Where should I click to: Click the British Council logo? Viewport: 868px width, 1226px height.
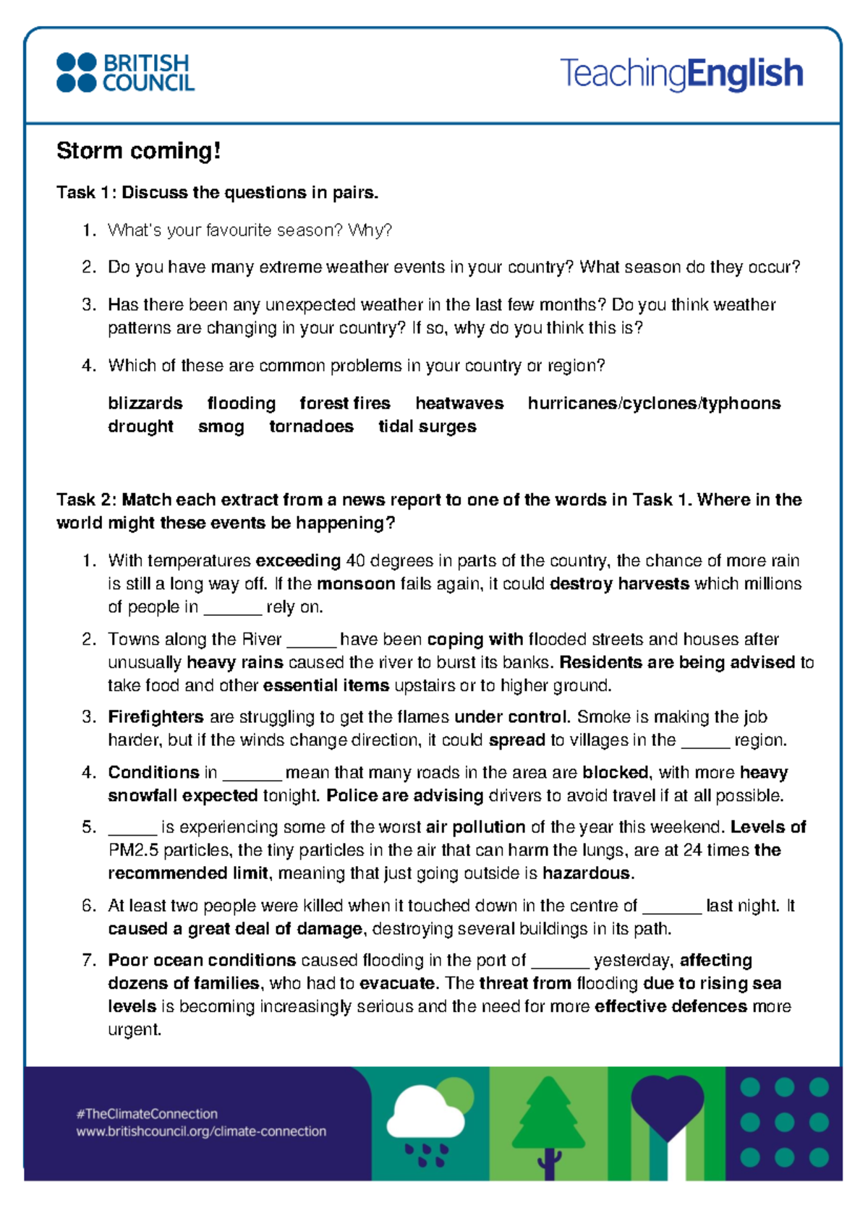coord(125,72)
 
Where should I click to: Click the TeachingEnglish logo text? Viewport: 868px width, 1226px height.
coord(681,73)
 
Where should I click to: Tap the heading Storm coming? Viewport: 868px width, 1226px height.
coord(138,150)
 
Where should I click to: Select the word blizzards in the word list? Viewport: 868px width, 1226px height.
coord(145,403)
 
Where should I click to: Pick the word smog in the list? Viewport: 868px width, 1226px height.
coord(221,426)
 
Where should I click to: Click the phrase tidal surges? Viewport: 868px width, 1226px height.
coord(427,426)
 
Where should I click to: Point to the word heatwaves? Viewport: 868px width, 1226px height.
coord(459,403)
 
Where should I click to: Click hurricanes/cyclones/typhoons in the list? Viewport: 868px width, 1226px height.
coord(654,403)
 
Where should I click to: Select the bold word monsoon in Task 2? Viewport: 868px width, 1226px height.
coord(356,583)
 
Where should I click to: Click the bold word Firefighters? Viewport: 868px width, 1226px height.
coord(156,716)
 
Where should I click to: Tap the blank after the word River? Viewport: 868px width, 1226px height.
coord(311,640)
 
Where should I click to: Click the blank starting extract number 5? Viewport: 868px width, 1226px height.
coord(132,828)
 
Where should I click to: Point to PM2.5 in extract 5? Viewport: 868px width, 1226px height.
coord(133,850)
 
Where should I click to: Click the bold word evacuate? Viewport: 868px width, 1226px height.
coord(397,983)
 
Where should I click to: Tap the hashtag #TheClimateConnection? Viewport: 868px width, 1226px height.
coord(147,1114)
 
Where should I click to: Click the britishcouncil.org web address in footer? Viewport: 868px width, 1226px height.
coord(201,1131)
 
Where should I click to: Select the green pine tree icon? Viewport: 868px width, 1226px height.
coord(548,1117)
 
